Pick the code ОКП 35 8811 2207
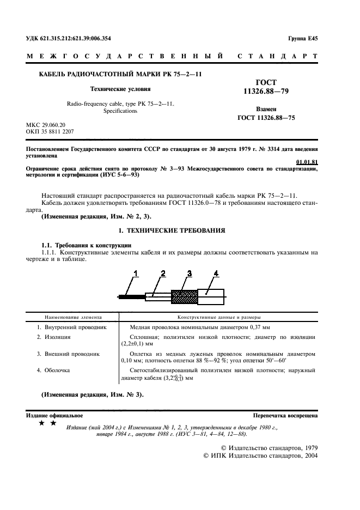[x=51, y=132]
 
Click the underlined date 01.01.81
[x=307, y=162]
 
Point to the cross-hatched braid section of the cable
[x=184, y=296]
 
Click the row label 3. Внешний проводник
[x=68, y=354]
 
